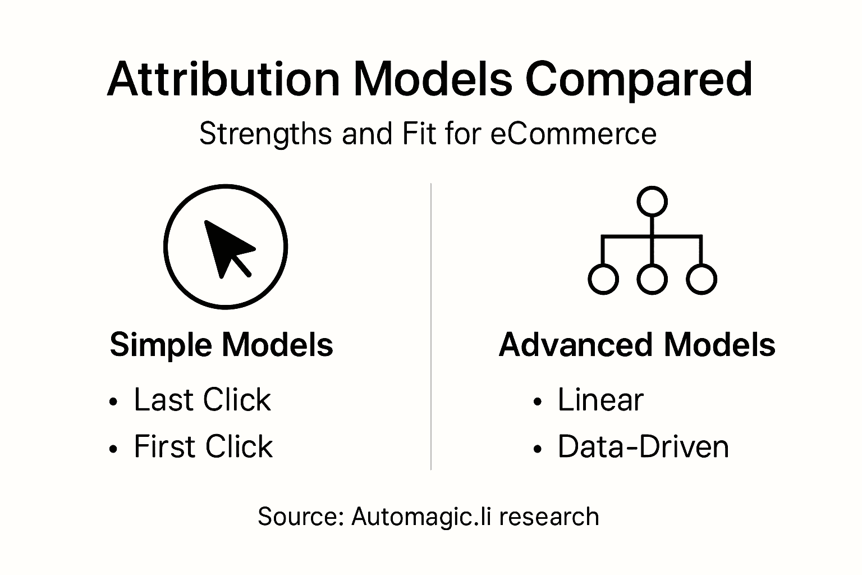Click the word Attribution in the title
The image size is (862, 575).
[x=223, y=79]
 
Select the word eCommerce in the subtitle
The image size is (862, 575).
[x=573, y=134]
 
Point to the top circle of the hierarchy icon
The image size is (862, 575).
[x=652, y=202]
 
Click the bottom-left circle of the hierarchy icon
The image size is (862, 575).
[x=603, y=279]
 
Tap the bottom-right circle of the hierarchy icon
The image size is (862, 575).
[x=701, y=279]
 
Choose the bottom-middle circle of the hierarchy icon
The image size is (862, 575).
[x=652, y=279]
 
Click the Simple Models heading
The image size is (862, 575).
[x=222, y=344]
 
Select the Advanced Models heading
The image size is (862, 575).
[x=637, y=344]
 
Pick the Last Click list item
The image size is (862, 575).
[x=202, y=400]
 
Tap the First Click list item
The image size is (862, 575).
[x=203, y=447]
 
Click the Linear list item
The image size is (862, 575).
[x=600, y=400]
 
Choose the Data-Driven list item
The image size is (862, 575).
[x=643, y=447]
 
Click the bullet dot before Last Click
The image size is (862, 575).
[x=114, y=402]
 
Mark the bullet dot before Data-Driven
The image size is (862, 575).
[x=538, y=449]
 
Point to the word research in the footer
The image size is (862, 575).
[x=549, y=517]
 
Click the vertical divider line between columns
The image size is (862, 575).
[x=430, y=326]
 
